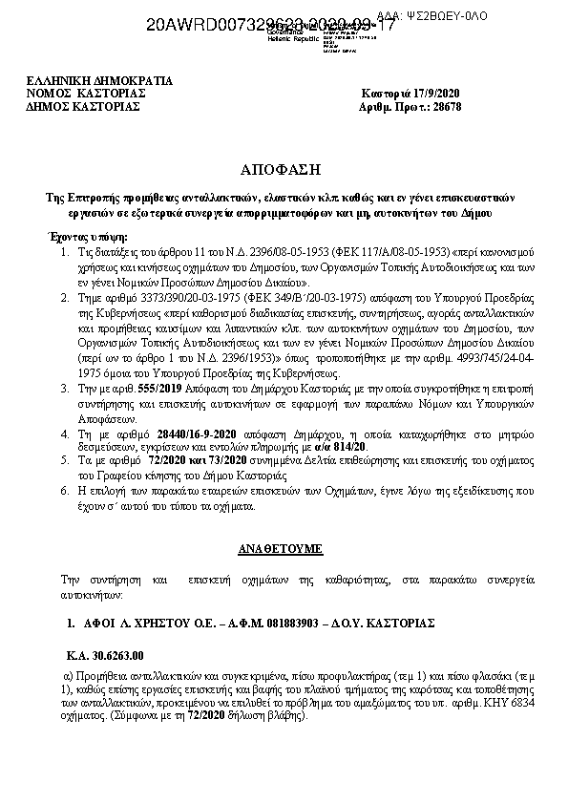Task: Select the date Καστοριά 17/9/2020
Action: pos(409,94)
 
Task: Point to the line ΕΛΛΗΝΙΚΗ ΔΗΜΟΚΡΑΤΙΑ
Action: pos(99,81)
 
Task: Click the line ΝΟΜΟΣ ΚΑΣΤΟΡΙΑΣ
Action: pos(86,94)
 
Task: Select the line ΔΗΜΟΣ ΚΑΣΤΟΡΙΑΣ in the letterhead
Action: pos(84,107)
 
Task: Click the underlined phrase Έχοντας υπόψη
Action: pos(87,236)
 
